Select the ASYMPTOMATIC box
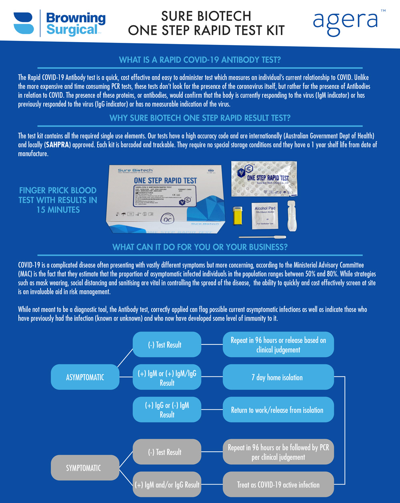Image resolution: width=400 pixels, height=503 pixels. point(85,377)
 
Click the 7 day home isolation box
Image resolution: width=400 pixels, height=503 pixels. point(278,377)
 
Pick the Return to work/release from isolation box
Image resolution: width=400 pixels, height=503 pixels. point(278,410)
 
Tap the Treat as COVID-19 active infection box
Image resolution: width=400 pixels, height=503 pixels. point(278,485)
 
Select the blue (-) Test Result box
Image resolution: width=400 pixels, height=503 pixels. point(167,344)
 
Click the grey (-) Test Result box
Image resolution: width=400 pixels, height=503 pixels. point(167,452)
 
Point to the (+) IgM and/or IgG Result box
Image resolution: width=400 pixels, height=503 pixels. point(167,485)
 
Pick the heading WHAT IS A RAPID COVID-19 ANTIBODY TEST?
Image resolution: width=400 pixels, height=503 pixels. point(200,60)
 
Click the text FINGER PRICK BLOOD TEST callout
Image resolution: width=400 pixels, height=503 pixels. point(58,199)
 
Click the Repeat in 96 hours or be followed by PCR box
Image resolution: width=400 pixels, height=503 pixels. point(278,452)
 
